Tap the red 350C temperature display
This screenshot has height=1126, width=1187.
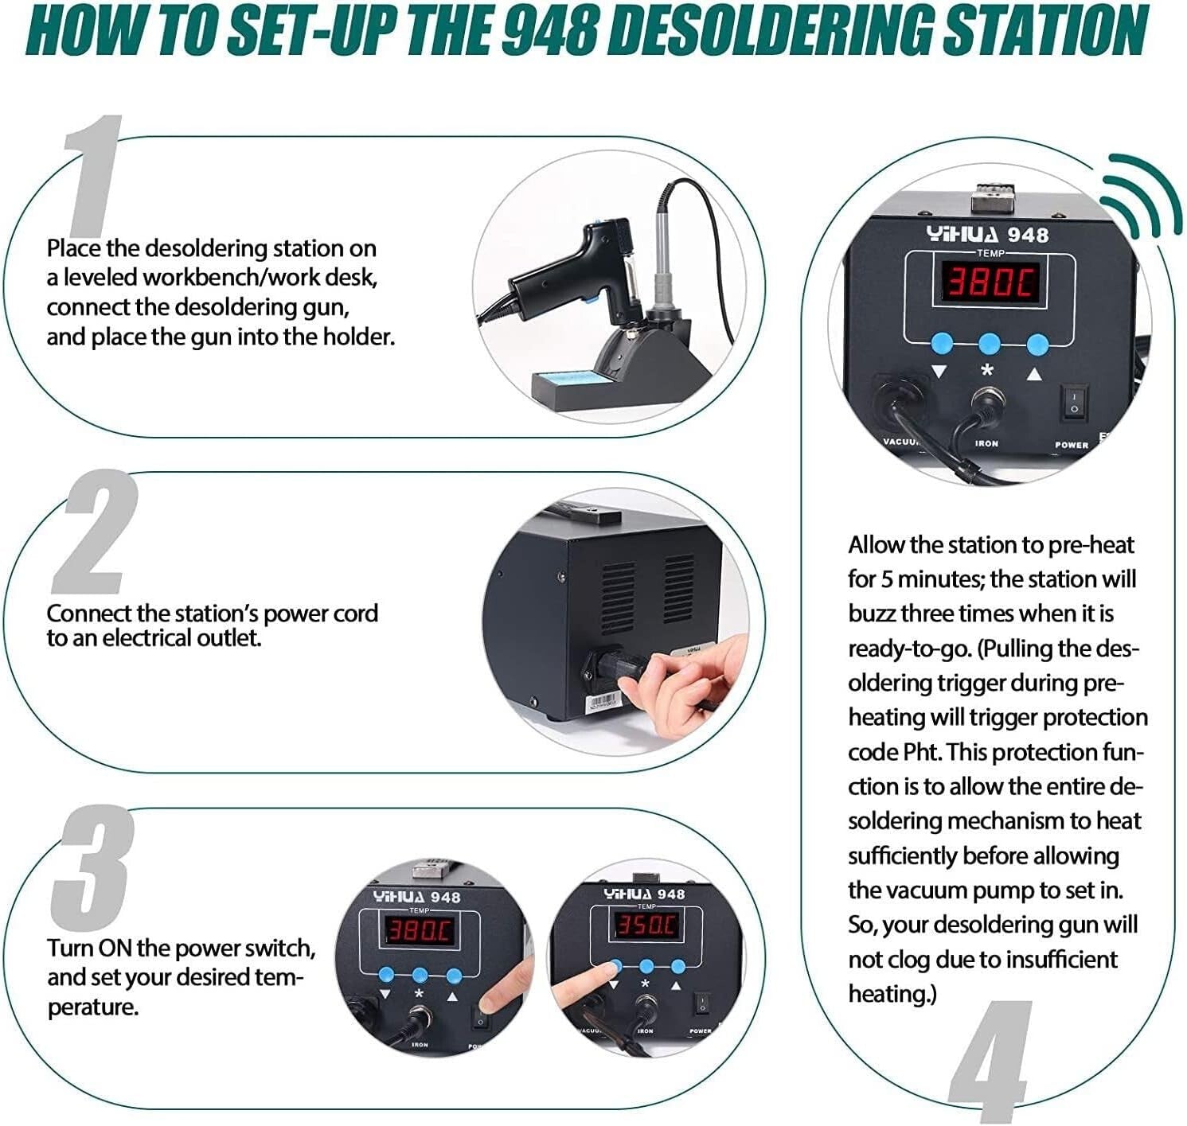point(645,925)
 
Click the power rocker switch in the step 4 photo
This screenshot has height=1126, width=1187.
point(1074,402)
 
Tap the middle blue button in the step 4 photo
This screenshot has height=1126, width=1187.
point(989,344)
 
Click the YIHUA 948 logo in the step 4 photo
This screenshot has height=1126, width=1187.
point(987,234)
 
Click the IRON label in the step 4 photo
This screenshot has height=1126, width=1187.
point(986,443)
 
